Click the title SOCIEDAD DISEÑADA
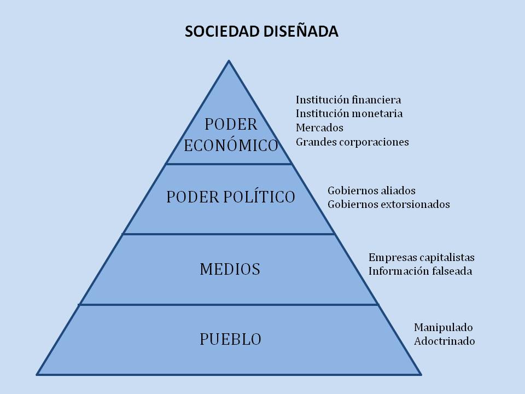(x=261, y=32)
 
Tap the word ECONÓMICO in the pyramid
(x=231, y=146)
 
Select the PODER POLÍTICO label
(x=231, y=197)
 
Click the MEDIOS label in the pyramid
(x=230, y=269)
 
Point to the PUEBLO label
(x=230, y=339)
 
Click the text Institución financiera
(x=348, y=100)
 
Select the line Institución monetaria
(x=349, y=114)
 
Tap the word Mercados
(x=319, y=128)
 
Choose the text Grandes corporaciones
(x=352, y=142)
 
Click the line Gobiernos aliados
(x=371, y=191)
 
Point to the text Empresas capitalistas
(x=421, y=257)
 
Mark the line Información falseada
(x=420, y=271)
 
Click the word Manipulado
(x=443, y=328)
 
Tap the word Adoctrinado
(x=444, y=341)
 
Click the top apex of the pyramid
(x=229, y=61)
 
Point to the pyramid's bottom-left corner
(x=37, y=374)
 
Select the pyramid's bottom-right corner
(x=421, y=374)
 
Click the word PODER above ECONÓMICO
(x=231, y=125)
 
